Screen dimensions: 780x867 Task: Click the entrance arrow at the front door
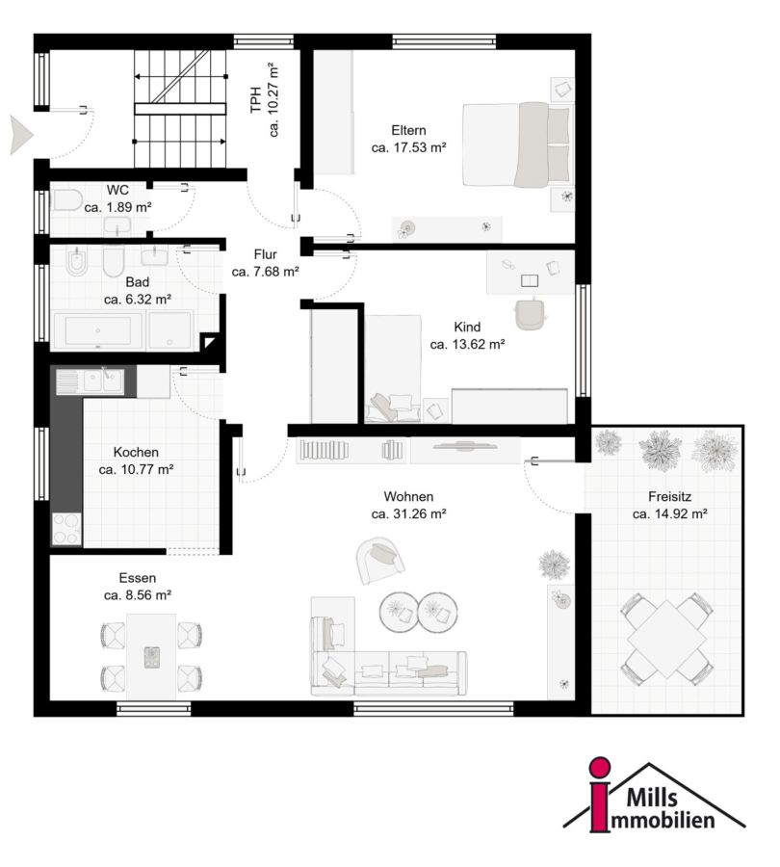(x=21, y=135)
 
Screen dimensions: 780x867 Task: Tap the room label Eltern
(x=408, y=130)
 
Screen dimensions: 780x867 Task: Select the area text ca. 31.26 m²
(x=408, y=513)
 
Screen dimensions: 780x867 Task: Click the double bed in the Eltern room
(x=516, y=144)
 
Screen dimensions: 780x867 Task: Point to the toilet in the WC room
(x=66, y=200)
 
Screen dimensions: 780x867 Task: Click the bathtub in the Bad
(x=98, y=330)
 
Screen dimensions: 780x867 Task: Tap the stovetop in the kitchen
(x=66, y=529)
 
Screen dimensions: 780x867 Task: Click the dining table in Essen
(x=151, y=656)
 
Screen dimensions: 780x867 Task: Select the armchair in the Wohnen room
(x=379, y=560)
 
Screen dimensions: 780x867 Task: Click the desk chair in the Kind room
(x=531, y=314)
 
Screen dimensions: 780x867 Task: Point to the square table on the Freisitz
(x=666, y=640)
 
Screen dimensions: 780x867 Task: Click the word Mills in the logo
(x=652, y=798)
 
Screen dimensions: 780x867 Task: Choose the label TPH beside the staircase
(x=255, y=99)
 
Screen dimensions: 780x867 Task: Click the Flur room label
(x=266, y=254)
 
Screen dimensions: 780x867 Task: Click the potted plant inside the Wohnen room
(x=554, y=565)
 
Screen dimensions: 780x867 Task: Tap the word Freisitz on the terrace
(x=670, y=496)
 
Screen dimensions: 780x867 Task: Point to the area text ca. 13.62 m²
(x=467, y=344)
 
